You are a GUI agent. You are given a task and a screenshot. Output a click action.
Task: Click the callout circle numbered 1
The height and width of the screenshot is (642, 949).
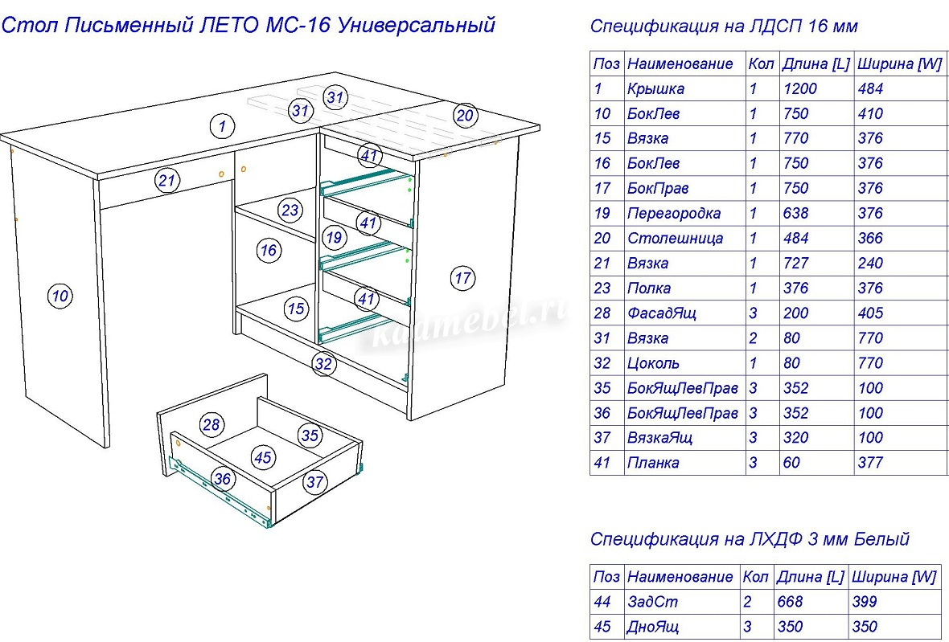[223, 125]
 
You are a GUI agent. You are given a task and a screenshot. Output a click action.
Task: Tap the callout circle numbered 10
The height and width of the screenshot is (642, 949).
[60, 296]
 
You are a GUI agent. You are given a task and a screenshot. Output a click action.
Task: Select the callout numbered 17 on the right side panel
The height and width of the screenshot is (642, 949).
[462, 279]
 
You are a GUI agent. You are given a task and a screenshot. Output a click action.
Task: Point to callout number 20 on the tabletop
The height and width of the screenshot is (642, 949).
[465, 115]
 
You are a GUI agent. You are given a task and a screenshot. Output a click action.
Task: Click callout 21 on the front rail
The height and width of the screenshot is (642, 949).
[166, 181]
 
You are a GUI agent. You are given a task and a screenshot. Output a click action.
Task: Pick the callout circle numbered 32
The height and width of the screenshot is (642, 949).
[323, 364]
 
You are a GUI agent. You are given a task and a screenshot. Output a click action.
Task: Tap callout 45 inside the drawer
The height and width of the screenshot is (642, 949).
[263, 457]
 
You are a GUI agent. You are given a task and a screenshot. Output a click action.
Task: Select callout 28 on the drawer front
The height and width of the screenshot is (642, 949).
[212, 425]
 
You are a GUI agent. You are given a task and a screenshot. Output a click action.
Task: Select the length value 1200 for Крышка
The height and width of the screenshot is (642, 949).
[799, 89]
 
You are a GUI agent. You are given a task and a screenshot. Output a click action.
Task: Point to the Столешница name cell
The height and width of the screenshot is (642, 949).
[675, 239]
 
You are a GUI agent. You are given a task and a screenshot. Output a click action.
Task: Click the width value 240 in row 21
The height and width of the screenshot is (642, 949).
[870, 264]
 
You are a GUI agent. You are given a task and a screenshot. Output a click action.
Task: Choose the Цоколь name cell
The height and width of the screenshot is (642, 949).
[653, 363]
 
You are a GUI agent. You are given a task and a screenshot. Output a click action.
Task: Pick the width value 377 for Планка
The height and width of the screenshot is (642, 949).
[870, 463]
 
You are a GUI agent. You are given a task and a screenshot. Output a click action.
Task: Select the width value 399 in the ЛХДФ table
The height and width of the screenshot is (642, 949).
[864, 602]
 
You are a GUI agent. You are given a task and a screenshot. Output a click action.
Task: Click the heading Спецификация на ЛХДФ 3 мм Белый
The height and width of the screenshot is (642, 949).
[750, 539]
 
